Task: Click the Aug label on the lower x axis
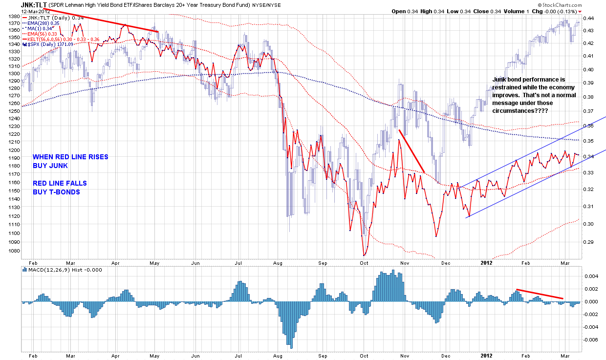pos(280,355)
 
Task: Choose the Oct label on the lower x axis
pos(364,355)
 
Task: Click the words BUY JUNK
pos(50,166)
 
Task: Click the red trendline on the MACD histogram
pos(540,294)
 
